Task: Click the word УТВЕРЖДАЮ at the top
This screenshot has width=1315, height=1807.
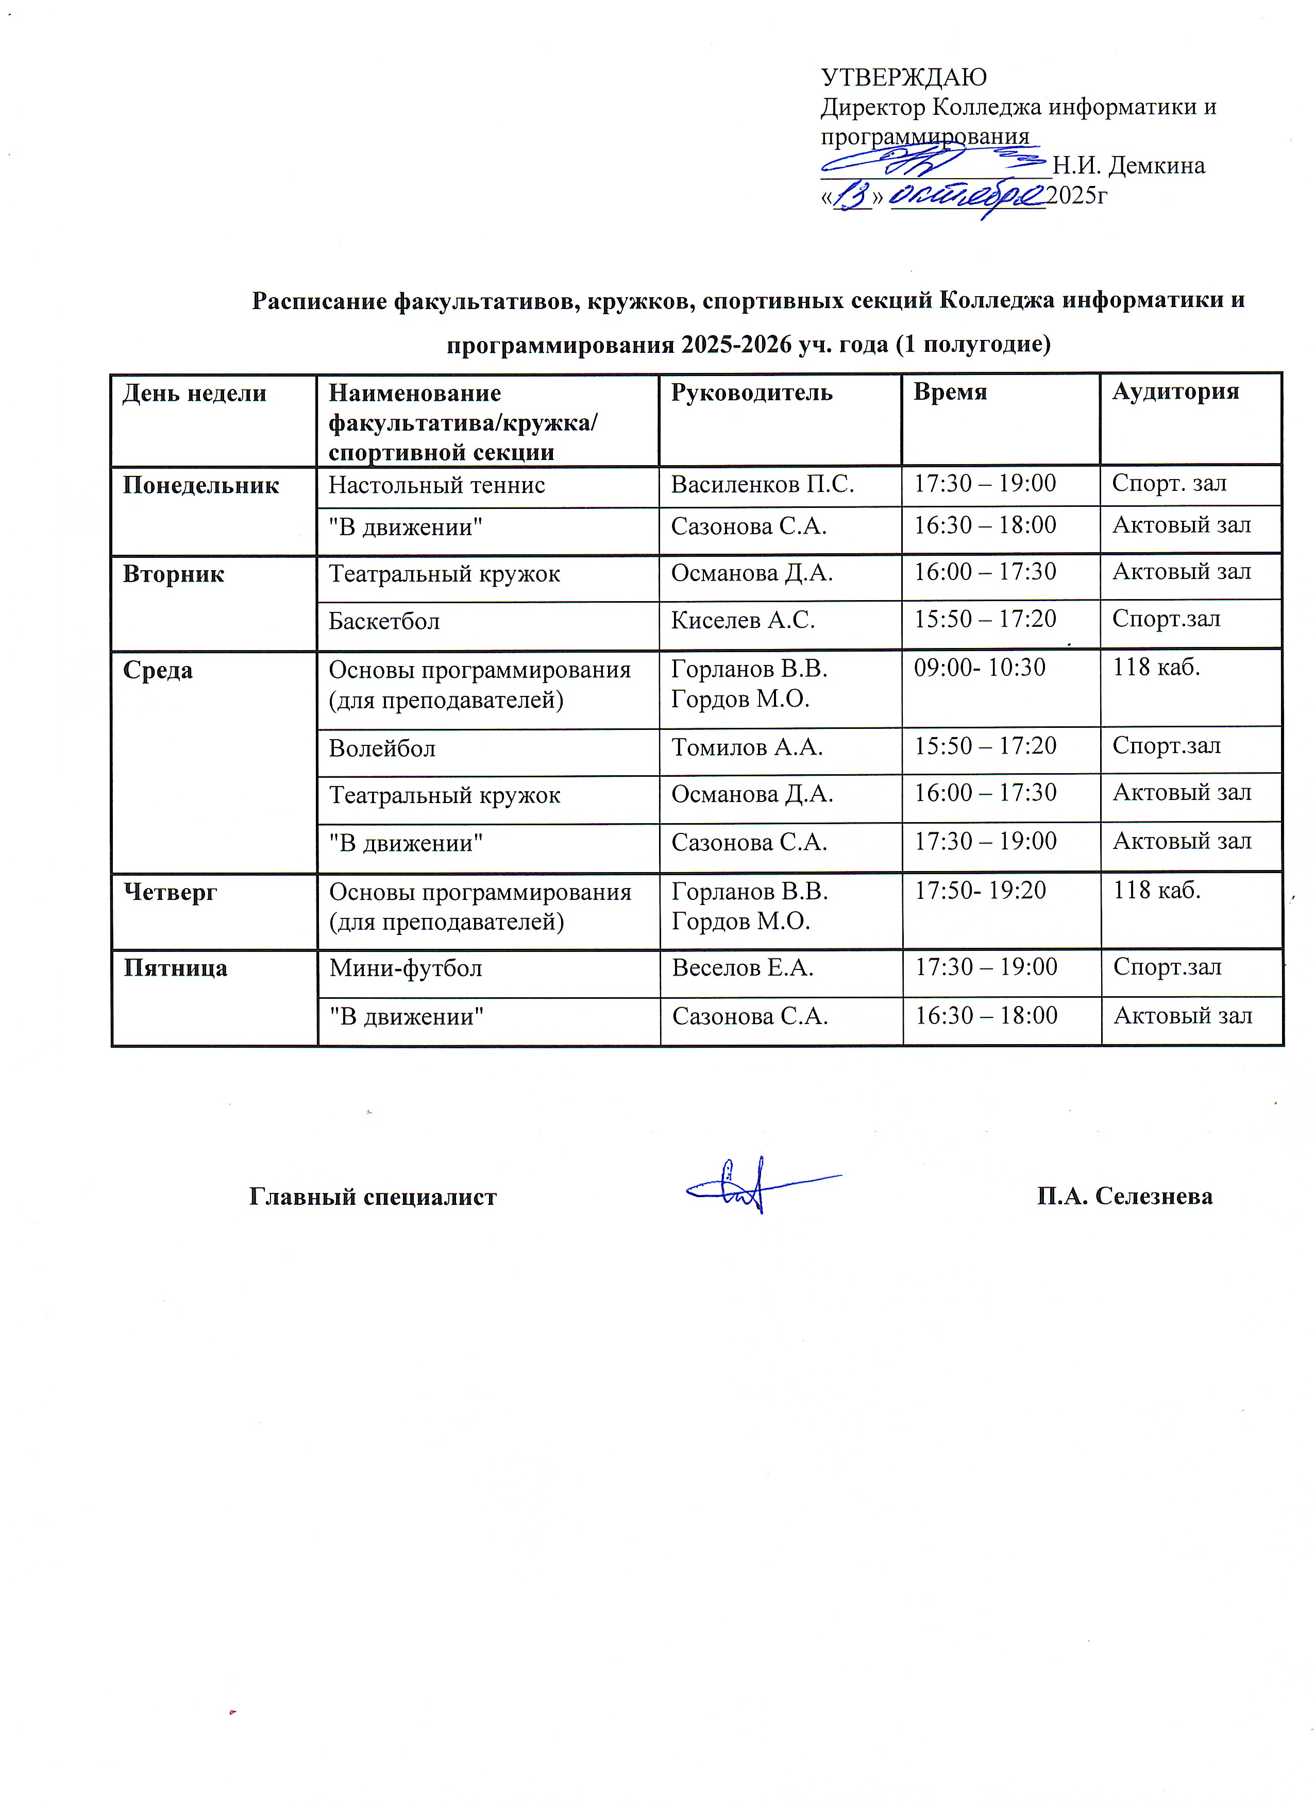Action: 904,77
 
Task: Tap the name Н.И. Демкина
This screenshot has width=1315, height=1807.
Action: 1128,166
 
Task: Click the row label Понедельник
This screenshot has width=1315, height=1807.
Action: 201,485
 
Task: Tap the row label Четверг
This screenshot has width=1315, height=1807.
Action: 170,892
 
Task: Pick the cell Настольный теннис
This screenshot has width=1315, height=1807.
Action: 437,485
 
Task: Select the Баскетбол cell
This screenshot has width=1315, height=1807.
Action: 384,621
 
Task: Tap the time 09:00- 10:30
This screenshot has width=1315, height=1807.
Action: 980,668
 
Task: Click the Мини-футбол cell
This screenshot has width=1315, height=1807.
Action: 406,968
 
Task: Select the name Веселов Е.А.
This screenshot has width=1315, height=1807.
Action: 743,968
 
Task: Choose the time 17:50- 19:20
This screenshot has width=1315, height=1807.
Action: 980,890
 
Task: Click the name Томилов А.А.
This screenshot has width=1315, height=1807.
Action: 747,747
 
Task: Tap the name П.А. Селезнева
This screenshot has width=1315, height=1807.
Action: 1124,1196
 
